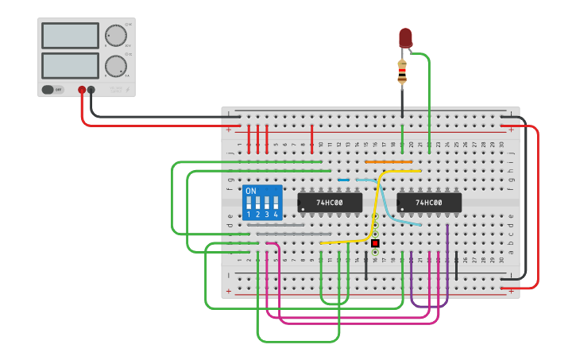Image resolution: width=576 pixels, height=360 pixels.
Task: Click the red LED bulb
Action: tap(405, 37)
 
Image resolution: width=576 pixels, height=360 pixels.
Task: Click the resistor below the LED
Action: tap(402, 72)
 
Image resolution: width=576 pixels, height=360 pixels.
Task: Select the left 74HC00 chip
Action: tap(330, 203)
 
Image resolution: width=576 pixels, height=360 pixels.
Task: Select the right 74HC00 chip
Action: tap(429, 203)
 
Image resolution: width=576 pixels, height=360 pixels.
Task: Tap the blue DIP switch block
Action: tap(262, 203)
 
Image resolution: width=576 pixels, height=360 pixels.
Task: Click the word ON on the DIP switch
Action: tap(251, 192)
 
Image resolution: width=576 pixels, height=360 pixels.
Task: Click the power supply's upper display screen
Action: tap(70, 36)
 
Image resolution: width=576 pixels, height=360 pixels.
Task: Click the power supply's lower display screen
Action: tap(70, 65)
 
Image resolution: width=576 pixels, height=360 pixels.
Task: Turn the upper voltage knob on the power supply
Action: tap(116, 36)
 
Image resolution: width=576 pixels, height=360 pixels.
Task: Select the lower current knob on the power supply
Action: tap(116, 65)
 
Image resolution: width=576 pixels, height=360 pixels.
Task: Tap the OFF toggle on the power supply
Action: tap(53, 90)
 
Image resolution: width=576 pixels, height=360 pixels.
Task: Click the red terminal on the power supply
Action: tap(82, 90)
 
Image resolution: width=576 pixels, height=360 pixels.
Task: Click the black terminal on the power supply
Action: tap(91, 90)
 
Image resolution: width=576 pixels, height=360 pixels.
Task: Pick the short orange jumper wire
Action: tap(389, 162)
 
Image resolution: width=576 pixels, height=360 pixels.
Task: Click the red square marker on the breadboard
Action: tap(375, 242)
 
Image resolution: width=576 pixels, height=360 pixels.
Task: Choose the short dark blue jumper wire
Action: tap(343, 180)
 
